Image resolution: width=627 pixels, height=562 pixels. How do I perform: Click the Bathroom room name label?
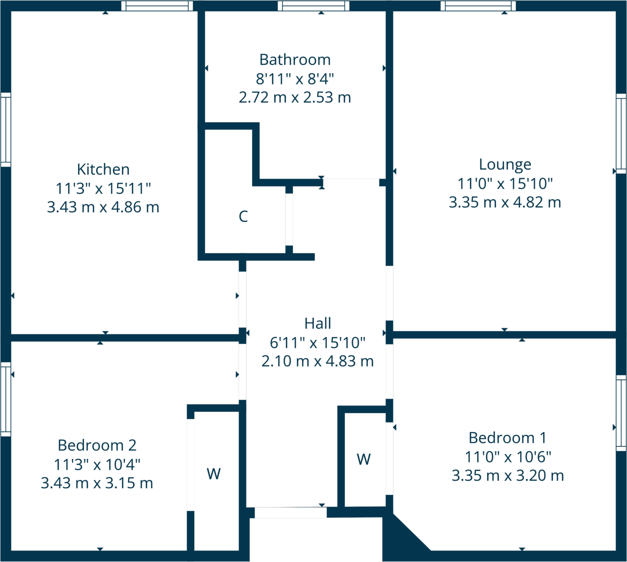pos(295,60)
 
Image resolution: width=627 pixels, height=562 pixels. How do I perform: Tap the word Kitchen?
pos(103,169)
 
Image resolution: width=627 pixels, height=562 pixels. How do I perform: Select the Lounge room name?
pos(505,164)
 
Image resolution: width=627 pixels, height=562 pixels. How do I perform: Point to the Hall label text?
pos(318,323)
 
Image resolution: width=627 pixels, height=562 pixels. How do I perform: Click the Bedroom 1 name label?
pos(507,438)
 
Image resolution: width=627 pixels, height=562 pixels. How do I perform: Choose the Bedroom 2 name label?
pos(97,445)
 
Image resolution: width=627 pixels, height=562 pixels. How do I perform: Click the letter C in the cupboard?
pos(243,216)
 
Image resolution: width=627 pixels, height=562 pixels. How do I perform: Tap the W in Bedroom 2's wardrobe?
pos(214,473)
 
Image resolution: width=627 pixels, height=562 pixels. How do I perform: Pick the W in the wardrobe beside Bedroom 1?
pos(364,459)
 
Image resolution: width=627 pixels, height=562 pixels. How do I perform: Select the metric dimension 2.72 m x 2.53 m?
pos(295,97)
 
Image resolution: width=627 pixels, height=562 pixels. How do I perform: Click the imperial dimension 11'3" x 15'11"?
pos(103,188)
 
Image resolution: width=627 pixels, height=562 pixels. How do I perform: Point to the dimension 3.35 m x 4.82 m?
pos(505,202)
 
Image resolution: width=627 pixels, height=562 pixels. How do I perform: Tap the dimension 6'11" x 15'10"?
pos(318,342)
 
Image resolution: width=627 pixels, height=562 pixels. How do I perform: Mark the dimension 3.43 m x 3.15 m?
pos(97,483)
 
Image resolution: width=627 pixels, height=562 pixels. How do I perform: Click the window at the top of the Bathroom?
pos(313,6)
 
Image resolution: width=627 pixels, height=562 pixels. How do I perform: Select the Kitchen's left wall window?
pos(6,129)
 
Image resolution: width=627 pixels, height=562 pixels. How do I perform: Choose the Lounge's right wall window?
pos(621,134)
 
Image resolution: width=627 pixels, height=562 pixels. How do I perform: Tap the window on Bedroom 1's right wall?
pos(621,413)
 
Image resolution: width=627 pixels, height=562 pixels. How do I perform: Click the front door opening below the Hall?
pos(291,512)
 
